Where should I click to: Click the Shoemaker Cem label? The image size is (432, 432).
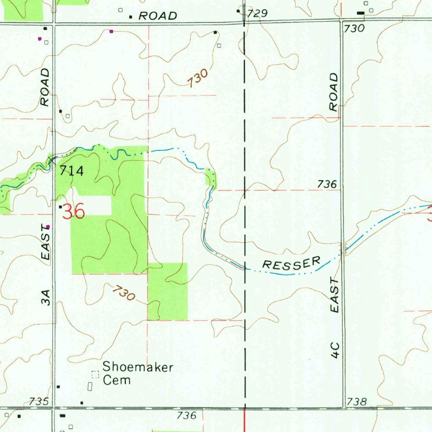(x=138, y=373)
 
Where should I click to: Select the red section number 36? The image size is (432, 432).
(x=74, y=212)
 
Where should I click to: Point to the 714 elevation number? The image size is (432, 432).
(x=71, y=171)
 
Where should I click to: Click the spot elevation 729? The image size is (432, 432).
(x=257, y=13)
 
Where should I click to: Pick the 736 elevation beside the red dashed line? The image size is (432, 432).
(x=327, y=184)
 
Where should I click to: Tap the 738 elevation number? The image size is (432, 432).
(x=356, y=402)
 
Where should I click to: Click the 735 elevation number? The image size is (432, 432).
(x=39, y=401)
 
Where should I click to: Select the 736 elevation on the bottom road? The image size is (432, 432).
(x=186, y=415)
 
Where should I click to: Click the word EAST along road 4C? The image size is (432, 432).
(x=335, y=295)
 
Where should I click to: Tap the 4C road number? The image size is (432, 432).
(x=335, y=350)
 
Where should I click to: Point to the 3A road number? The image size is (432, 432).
(x=46, y=297)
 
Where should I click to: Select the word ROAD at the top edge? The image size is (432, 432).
(x=158, y=16)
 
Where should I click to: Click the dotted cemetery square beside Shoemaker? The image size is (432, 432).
(x=95, y=374)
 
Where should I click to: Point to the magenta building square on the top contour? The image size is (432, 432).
(x=111, y=31)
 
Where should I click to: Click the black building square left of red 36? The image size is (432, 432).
(x=60, y=207)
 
